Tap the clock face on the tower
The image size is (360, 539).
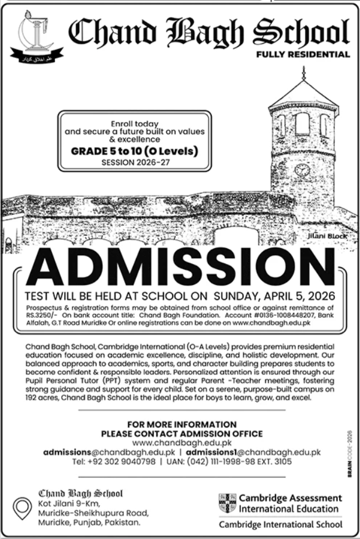pos(302,170)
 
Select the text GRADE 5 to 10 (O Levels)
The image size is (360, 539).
pos(135,151)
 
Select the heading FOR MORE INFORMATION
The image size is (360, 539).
pos(181,425)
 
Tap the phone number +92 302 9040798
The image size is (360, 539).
pos(122,461)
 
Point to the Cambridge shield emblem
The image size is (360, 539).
pos(227,502)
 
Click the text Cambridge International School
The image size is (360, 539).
pos(281,524)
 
